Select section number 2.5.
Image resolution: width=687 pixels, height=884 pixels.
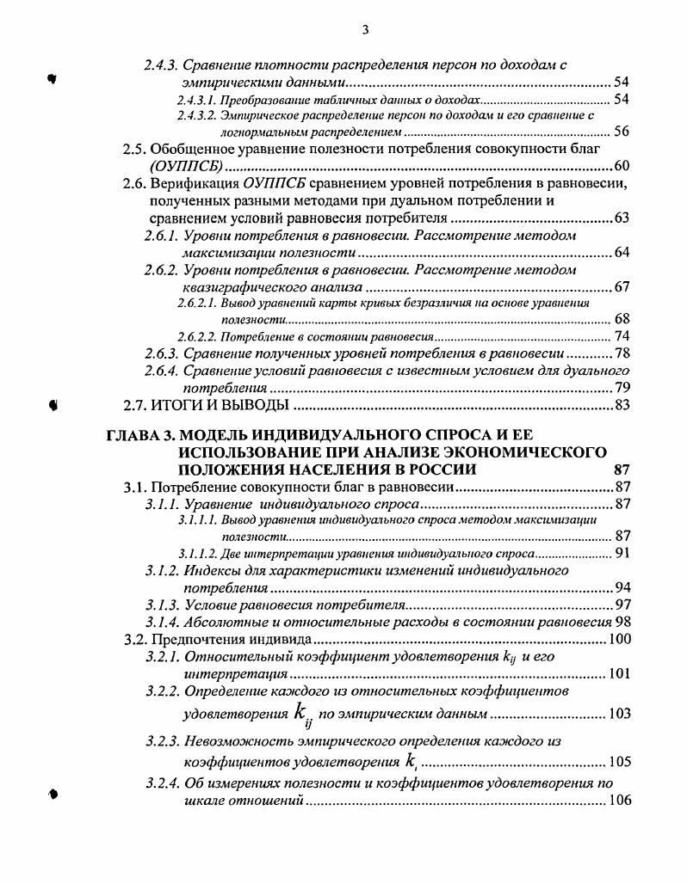coord(135,149)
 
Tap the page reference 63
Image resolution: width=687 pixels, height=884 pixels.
coord(622,218)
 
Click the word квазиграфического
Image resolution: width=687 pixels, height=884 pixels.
coord(244,287)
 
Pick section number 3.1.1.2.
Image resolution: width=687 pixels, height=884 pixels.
coord(198,554)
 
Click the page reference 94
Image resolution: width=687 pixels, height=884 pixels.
coord(622,588)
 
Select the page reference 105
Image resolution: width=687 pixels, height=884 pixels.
coord(618,762)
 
